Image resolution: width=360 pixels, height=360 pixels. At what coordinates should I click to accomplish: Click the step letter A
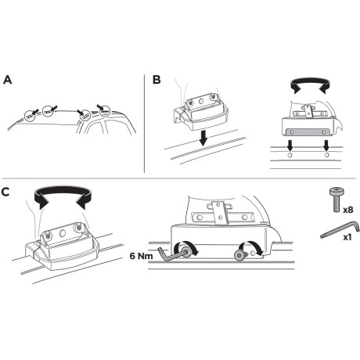click(8, 80)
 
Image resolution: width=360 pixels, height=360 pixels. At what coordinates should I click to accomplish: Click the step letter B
click(157, 80)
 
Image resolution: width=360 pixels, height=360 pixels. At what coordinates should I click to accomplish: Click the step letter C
click(5, 192)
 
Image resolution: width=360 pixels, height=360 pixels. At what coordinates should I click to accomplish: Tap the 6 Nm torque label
click(141, 256)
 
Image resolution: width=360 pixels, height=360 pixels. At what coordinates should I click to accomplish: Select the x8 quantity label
click(348, 210)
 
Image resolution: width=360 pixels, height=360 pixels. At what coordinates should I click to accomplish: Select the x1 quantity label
click(347, 237)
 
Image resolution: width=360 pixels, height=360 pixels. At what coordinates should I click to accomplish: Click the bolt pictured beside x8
click(337, 199)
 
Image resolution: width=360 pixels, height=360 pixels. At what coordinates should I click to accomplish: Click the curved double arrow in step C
click(63, 193)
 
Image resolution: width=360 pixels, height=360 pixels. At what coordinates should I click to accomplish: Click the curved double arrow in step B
click(310, 84)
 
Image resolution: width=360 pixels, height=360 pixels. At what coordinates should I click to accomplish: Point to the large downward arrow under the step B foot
click(203, 138)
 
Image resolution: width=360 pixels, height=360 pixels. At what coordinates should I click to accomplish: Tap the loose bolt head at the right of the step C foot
click(239, 255)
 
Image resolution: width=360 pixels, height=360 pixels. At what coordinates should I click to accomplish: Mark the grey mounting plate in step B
click(308, 132)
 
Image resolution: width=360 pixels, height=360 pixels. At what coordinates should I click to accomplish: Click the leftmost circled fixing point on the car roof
click(30, 115)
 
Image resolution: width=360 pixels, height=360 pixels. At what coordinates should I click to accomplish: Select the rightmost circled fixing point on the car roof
click(105, 111)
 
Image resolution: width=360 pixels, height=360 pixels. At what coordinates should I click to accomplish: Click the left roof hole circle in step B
click(290, 155)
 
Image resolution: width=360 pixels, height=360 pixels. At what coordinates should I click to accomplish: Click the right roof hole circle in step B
click(326, 155)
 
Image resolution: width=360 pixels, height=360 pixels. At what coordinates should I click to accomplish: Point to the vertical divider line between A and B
click(144, 124)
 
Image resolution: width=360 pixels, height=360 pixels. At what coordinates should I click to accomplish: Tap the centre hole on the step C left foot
click(63, 233)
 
